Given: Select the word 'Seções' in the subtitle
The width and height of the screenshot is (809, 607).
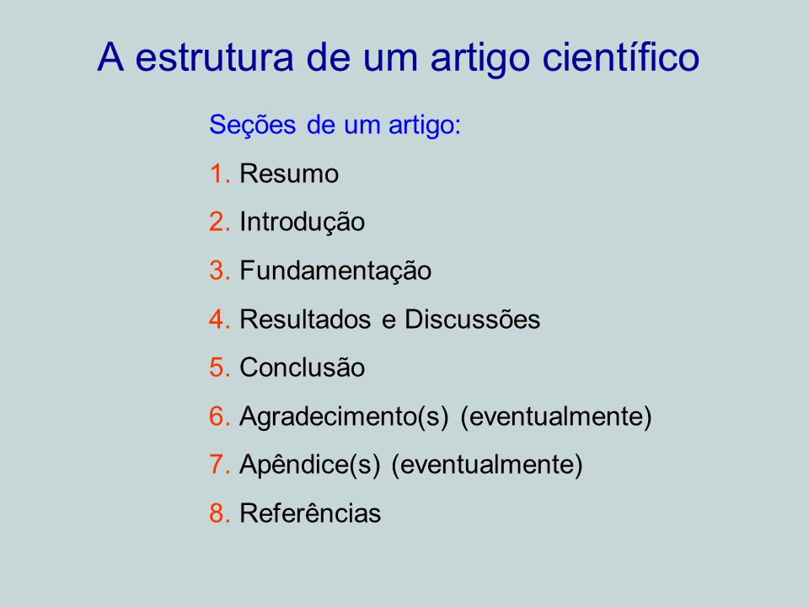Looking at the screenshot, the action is pyautogui.click(x=252, y=126).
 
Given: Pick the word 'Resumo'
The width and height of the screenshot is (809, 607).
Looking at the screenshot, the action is pyautogui.click(x=289, y=174).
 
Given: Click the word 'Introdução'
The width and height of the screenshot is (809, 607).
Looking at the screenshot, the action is pyautogui.click(x=302, y=223).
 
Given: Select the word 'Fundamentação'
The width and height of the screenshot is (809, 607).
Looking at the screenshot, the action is pyautogui.click(x=335, y=271).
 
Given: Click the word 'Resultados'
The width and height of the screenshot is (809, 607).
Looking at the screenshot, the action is pyautogui.click(x=305, y=319).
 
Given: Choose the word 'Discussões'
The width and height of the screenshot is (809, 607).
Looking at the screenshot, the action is pyautogui.click(x=472, y=319).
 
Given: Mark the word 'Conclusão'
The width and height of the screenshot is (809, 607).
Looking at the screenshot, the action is pyautogui.click(x=302, y=368).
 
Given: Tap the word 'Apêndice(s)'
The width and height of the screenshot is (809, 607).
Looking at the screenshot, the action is pyautogui.click(x=309, y=465).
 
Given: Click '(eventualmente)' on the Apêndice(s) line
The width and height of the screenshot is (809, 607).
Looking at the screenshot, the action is pyautogui.click(x=486, y=465).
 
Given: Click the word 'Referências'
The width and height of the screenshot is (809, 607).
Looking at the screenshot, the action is pyautogui.click(x=310, y=513).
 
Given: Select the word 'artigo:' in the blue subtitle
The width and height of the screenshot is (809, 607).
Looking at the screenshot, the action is pyautogui.click(x=425, y=126).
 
